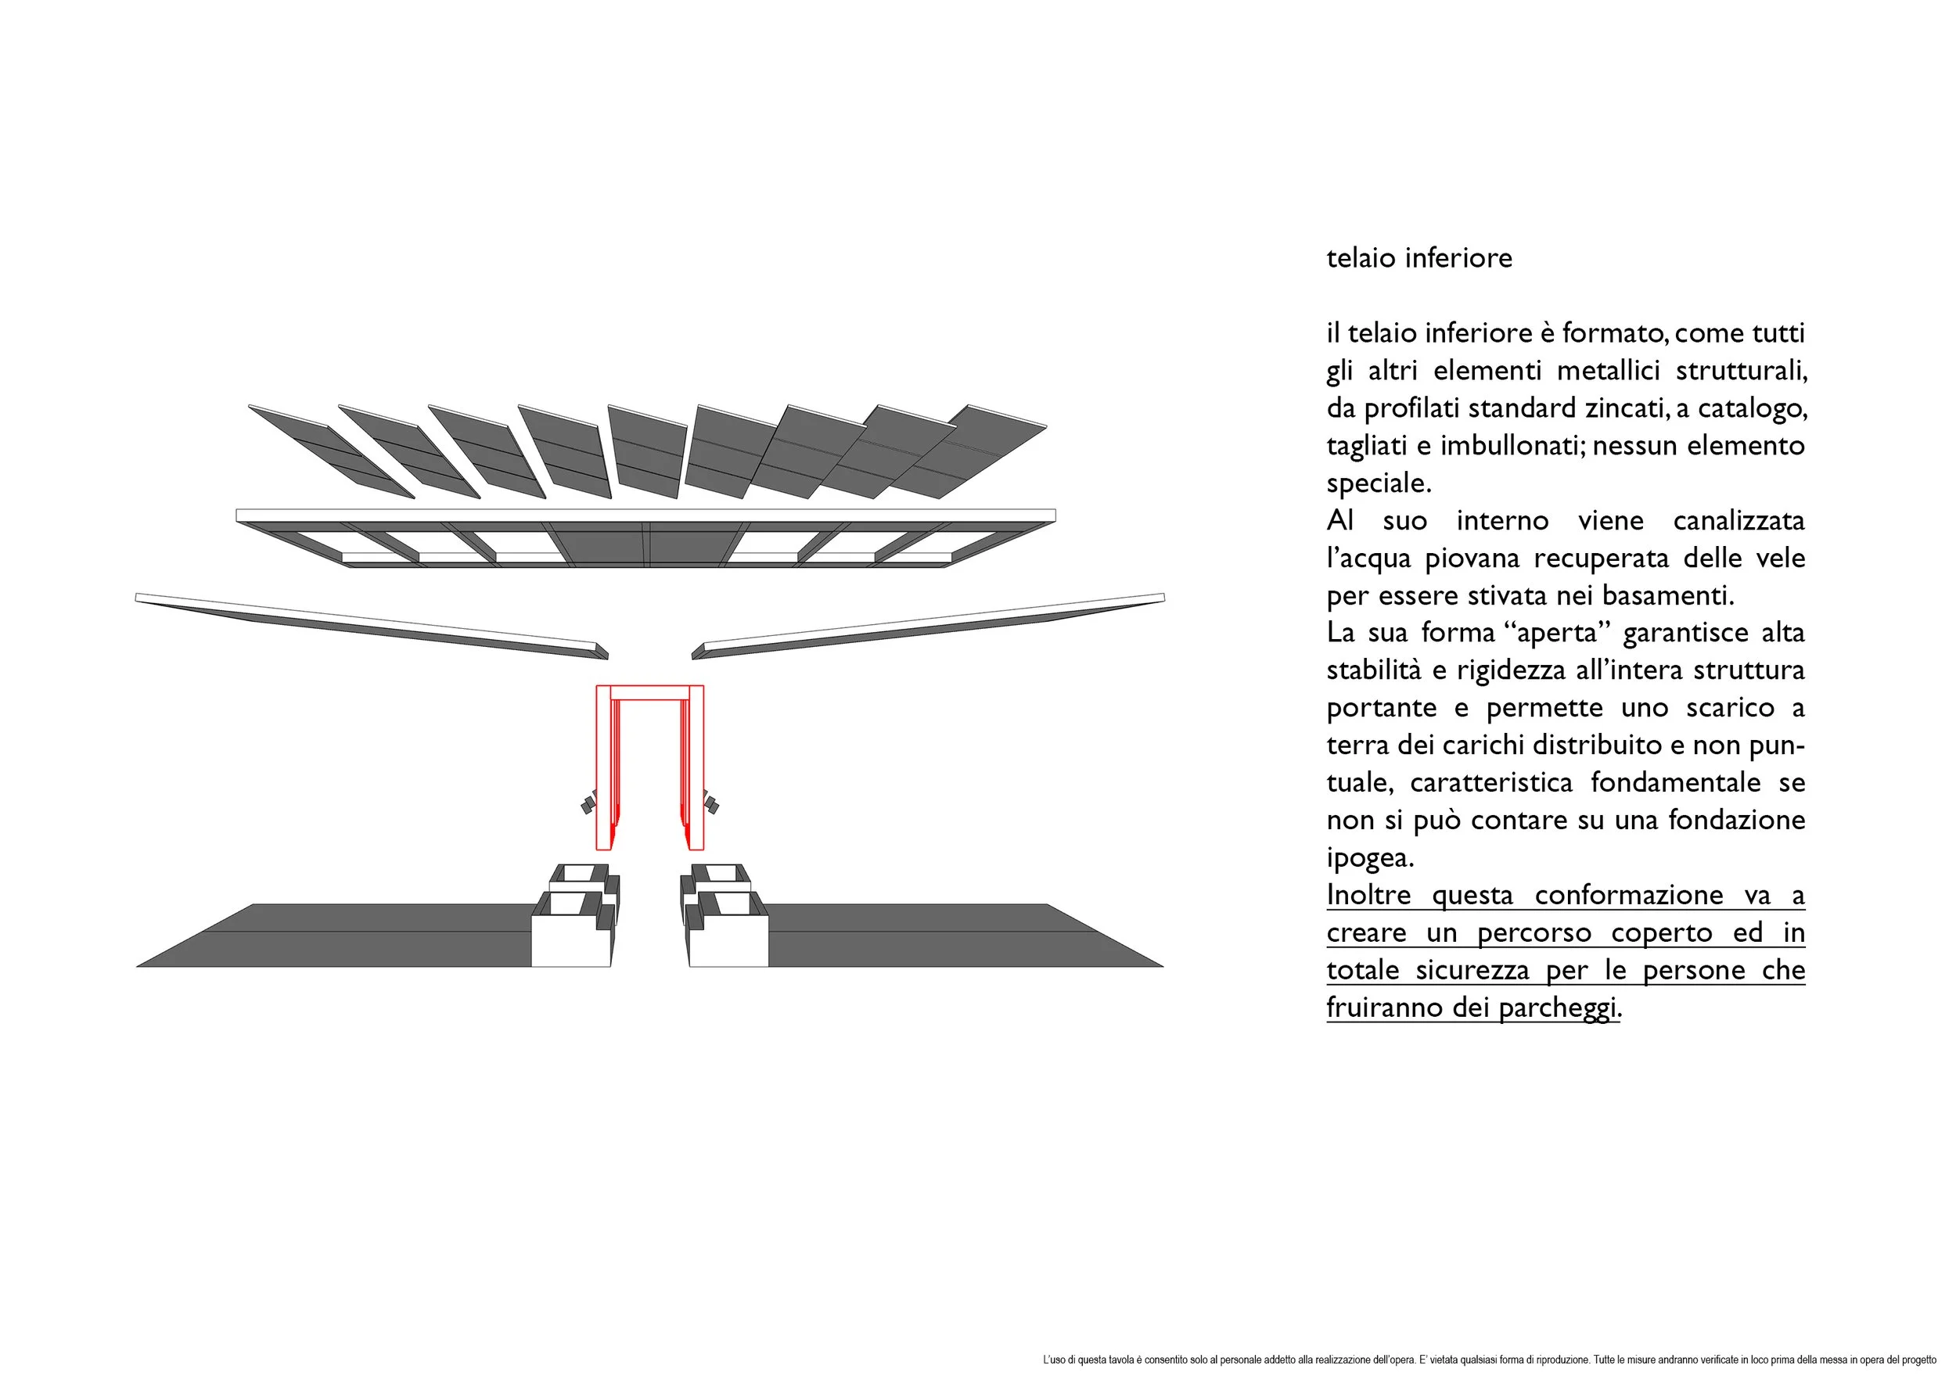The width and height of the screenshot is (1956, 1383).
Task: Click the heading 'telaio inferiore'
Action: [1418, 258]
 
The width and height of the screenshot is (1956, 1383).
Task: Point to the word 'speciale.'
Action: [1379, 483]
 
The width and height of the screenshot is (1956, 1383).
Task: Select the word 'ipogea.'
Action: [1370, 857]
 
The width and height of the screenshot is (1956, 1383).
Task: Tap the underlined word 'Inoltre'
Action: [1368, 895]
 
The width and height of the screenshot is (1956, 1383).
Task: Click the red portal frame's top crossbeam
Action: [650, 692]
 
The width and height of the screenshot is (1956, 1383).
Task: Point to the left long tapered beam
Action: [372, 626]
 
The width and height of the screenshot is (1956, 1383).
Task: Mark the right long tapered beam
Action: [929, 626]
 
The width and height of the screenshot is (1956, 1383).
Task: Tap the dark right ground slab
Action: [937, 937]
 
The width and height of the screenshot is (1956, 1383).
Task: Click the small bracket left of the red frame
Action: [587, 805]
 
